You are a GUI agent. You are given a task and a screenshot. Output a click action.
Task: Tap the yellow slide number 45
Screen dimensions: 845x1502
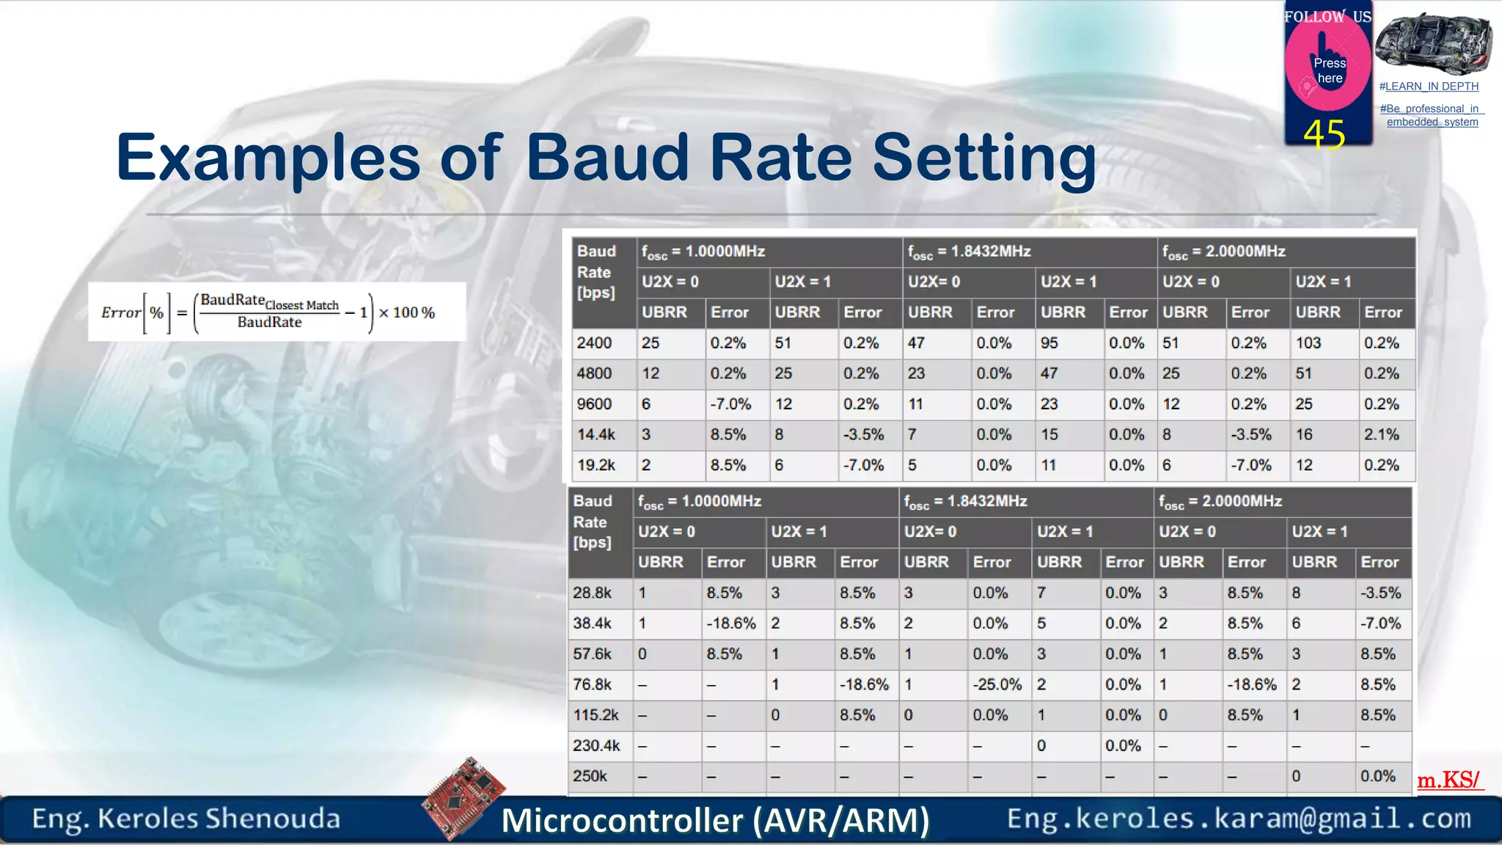pyautogui.click(x=1324, y=135)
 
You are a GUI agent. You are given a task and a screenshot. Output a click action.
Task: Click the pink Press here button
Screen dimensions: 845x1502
pyautogui.click(x=1328, y=70)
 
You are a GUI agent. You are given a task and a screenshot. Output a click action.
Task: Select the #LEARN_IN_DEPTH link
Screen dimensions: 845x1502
pyautogui.click(x=1429, y=87)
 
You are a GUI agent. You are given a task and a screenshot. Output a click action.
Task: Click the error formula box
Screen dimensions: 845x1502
pyautogui.click(x=276, y=312)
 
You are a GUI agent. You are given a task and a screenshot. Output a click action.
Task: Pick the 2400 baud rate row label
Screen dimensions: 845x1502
pyautogui.click(x=594, y=343)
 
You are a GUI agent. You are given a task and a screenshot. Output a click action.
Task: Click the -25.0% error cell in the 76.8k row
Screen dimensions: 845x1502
pyautogui.click(x=997, y=684)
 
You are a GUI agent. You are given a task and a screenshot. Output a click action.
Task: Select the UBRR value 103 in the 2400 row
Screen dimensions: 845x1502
pyautogui.click(x=1308, y=343)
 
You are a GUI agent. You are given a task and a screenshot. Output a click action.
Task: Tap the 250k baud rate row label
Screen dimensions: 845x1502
pyautogui.click(x=590, y=776)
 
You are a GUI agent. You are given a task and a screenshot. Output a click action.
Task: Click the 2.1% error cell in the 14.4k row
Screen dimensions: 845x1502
pyautogui.click(x=1381, y=434)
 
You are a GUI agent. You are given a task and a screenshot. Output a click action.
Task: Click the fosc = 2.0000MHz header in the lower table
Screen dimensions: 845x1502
pyautogui.click(x=1220, y=502)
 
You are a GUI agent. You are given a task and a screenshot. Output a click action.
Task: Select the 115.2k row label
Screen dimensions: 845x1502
pyautogui.click(x=596, y=715)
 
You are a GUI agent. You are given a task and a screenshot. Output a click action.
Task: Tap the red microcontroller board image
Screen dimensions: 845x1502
pyautogui.click(x=464, y=797)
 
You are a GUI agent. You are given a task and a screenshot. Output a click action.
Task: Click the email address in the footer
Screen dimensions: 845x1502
pyautogui.click(x=1238, y=819)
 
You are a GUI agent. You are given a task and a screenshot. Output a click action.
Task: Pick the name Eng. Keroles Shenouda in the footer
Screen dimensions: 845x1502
pyautogui.click(x=186, y=819)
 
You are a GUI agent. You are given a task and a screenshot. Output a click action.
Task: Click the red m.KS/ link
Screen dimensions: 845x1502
pyautogui.click(x=1448, y=780)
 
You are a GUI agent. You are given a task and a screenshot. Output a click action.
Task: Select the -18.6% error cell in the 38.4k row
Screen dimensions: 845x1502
pyautogui.click(x=730, y=623)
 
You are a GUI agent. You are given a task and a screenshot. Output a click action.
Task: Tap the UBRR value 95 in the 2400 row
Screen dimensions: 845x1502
pyautogui.click(x=1049, y=343)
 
